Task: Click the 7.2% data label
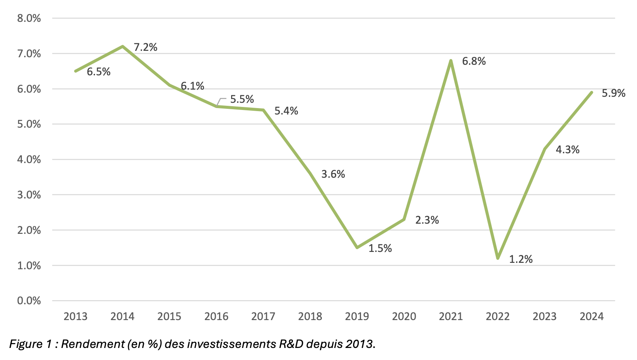coord(145,47)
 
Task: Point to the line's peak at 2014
coord(123,46)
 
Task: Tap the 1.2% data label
coord(521,259)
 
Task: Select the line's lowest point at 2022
coord(498,258)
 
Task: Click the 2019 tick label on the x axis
coord(357,316)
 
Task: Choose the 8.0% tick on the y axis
coord(29,18)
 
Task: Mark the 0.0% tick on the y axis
coord(29,301)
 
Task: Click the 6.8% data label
coord(474,61)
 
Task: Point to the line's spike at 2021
coord(451,61)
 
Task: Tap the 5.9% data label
coord(613,93)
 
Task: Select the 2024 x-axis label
coord(591,316)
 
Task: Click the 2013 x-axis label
coord(75,316)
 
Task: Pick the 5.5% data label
coord(242,99)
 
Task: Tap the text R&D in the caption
coord(291,344)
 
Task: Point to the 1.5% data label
coord(380,249)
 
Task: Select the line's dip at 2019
coord(357,247)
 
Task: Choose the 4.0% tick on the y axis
coord(29,160)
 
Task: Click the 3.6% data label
coord(333,174)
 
